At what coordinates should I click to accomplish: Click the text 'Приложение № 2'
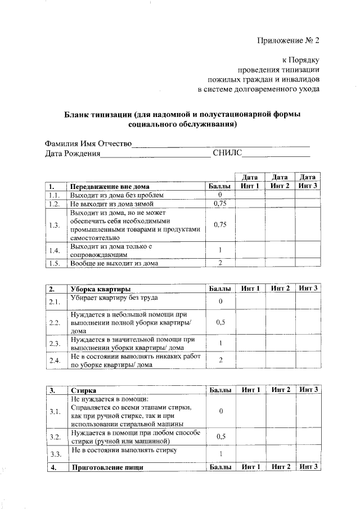[x=288, y=40]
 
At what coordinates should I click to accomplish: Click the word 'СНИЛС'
[x=227, y=153]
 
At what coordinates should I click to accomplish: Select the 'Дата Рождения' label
[x=73, y=153]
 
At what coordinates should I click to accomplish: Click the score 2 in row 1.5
[x=220, y=263]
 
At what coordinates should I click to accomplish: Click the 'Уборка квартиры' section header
[x=101, y=288]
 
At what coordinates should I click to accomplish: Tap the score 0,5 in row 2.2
[x=220, y=323]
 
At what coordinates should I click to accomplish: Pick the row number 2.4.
[x=55, y=360]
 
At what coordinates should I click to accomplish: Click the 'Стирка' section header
[x=83, y=390]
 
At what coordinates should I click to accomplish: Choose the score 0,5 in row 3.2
[x=220, y=436]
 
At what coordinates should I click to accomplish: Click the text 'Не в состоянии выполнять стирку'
[x=124, y=451]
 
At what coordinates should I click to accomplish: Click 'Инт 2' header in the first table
[x=280, y=186]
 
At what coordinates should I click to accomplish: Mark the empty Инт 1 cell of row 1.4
[x=250, y=250]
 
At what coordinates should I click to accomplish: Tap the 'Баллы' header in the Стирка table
[x=220, y=390]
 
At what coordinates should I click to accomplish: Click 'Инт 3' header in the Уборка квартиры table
[x=308, y=288]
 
